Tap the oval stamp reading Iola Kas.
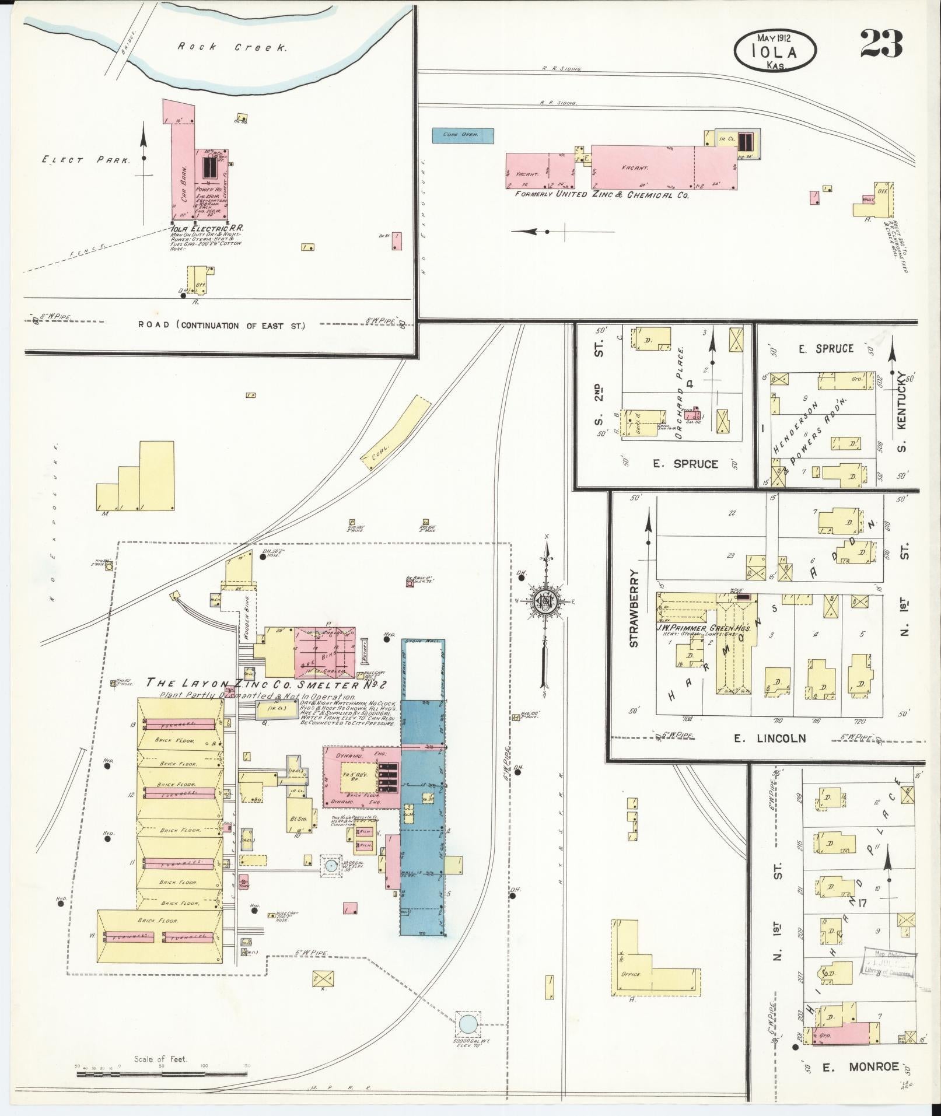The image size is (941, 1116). click(x=775, y=51)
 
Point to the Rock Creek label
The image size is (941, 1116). click(x=232, y=47)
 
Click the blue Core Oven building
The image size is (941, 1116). click(x=463, y=135)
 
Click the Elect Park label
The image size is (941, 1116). click(x=86, y=159)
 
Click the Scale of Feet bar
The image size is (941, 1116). click(x=162, y=1072)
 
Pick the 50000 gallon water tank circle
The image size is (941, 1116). click(x=467, y=1023)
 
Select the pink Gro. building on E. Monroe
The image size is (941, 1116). click(x=840, y=1034)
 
